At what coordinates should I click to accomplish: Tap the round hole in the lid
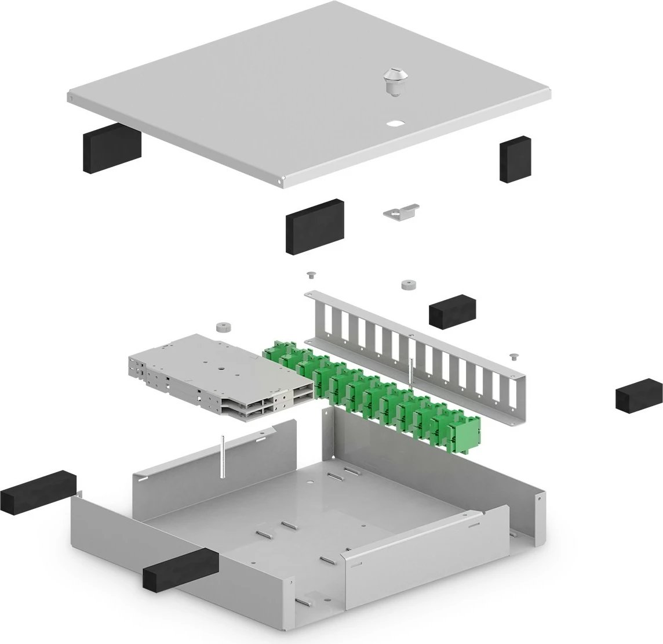tap(396, 124)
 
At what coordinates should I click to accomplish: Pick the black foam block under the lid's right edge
tap(515, 159)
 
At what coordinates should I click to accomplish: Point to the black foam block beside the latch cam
tap(314, 226)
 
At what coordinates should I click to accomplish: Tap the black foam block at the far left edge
tap(38, 491)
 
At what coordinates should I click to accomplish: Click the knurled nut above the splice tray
tap(221, 327)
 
